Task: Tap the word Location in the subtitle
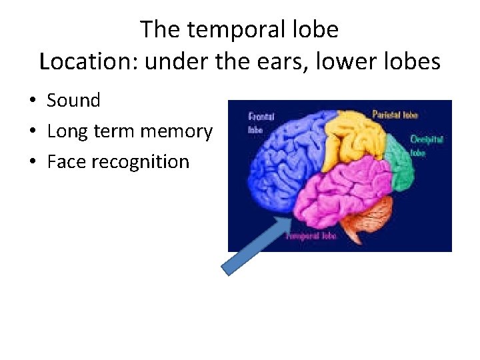point(89,62)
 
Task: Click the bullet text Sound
point(73,101)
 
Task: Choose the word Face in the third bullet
point(65,162)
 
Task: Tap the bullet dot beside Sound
point(31,101)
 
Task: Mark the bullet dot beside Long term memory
point(31,132)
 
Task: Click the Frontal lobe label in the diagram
point(261,121)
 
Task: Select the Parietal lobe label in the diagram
point(395,115)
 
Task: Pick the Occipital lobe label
point(426,145)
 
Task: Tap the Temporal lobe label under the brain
point(311,235)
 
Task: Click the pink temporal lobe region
point(340,193)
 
